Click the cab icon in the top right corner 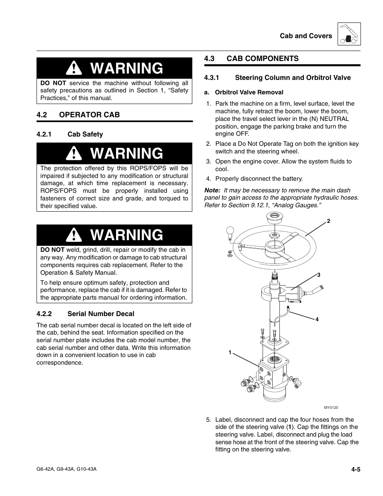(x=349, y=34)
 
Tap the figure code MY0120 (x=331, y=408)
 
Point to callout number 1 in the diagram (x=230, y=352)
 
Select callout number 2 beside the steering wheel (x=328, y=221)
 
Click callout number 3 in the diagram (x=318, y=275)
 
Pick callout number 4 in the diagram (x=317, y=319)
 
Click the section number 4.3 (x=210, y=59)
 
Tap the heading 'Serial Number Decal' (x=101, y=314)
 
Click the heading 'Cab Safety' (x=85, y=134)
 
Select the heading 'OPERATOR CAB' (x=89, y=115)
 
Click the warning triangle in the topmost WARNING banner (x=74, y=69)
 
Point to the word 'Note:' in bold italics (x=212, y=190)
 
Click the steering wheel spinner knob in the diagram (x=230, y=231)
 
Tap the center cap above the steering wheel (x=275, y=219)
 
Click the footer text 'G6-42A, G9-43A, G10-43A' (x=66, y=469)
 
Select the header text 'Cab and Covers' (x=306, y=36)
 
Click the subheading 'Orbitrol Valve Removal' (x=249, y=92)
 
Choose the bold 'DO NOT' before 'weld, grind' (x=52, y=250)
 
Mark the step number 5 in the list (x=208, y=420)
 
